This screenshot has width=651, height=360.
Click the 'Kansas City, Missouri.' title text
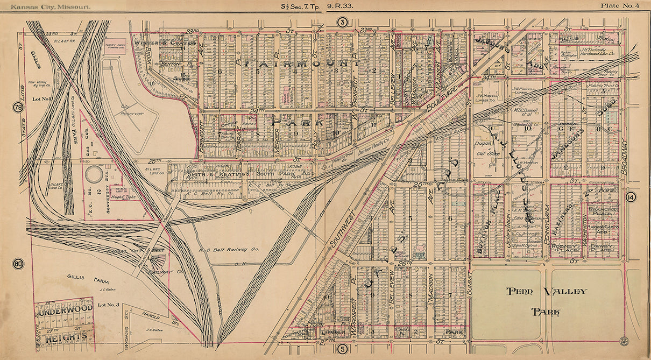click(47, 6)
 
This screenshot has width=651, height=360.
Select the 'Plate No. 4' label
click(620, 6)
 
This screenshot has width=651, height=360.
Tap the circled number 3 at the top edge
click(342, 22)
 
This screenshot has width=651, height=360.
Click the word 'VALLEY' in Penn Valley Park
click(564, 292)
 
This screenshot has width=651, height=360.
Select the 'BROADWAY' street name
click(624, 156)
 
